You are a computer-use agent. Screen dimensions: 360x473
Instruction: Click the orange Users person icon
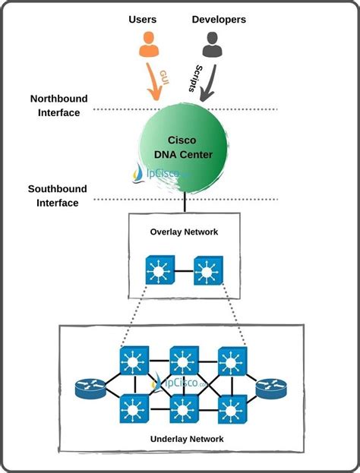(x=149, y=44)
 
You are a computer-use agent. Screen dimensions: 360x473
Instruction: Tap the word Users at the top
(x=143, y=19)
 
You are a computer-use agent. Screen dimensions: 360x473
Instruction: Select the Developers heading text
(x=219, y=19)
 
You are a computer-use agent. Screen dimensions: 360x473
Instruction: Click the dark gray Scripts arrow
(x=209, y=84)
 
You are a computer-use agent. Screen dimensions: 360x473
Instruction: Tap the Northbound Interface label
(x=58, y=106)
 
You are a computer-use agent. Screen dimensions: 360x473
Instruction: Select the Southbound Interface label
(x=57, y=196)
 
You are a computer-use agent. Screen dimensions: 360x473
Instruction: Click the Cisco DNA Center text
(x=183, y=147)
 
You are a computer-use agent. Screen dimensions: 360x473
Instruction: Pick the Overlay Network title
(x=184, y=232)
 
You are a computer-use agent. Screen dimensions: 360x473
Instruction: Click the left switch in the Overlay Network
(x=160, y=270)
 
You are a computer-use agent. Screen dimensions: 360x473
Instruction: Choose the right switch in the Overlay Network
(x=208, y=270)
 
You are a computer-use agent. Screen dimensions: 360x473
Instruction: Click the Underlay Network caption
(x=187, y=439)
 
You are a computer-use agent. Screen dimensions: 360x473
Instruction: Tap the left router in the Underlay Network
(x=90, y=388)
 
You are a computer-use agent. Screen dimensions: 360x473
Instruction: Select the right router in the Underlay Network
(x=271, y=388)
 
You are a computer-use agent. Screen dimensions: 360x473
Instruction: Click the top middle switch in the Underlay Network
(x=185, y=361)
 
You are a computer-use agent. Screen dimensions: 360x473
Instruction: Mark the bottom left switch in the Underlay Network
(x=134, y=408)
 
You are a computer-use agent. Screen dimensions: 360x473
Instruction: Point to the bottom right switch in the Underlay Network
(x=232, y=409)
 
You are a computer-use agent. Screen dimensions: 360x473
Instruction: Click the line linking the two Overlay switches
(x=184, y=270)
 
